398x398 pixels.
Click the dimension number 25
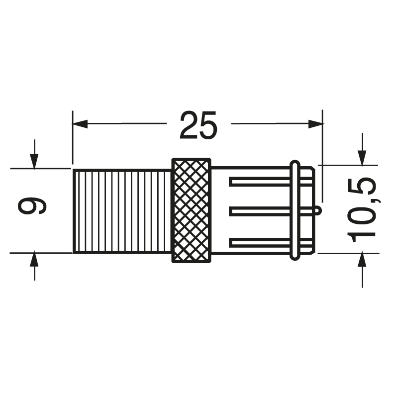pyautogui.click(x=199, y=125)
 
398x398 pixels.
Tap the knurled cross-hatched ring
pyautogui.click(x=191, y=210)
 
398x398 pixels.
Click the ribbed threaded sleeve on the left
pyautogui.click(x=122, y=211)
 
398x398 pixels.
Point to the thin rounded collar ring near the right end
pyautogui.click(x=295, y=209)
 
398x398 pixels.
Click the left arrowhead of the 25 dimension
pyautogui.click(x=80, y=123)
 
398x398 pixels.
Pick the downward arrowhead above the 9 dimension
pyautogui.click(x=34, y=161)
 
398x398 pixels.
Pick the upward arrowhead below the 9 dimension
pyautogui.click(x=34, y=260)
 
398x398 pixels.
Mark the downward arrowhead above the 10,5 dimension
pyautogui.click(x=362, y=157)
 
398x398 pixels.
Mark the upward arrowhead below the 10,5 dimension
pyautogui.click(x=362, y=260)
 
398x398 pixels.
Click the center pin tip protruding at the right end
pyautogui.click(x=317, y=211)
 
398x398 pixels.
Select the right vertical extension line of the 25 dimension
pyautogui.click(x=322, y=149)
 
